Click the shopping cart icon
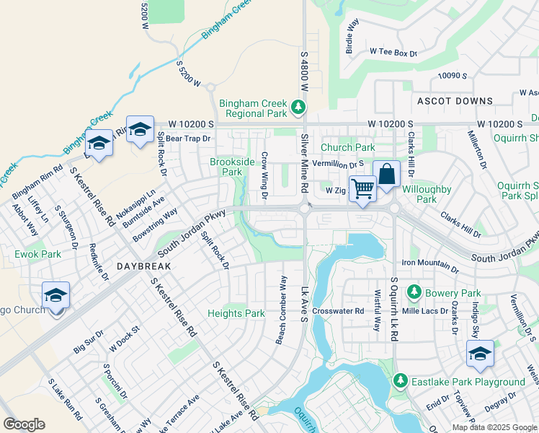(363, 188)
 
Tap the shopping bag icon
(386, 174)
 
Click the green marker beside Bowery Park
(414, 292)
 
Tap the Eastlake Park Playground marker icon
(401, 381)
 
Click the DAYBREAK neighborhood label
(144, 266)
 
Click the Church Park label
(348, 147)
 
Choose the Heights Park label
(236, 313)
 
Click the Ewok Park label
(37, 254)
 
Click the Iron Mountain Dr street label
(429, 263)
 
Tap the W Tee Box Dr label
(393, 52)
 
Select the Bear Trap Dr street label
(185, 138)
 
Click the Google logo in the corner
(24, 424)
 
